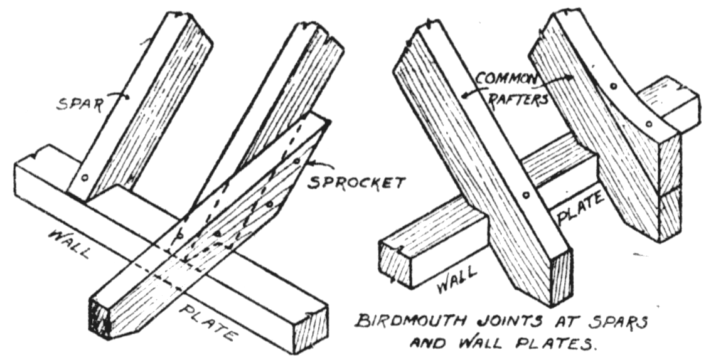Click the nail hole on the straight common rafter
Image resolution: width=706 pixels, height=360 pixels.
coord(526,196)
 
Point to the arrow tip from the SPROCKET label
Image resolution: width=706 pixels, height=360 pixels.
coord(306,164)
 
